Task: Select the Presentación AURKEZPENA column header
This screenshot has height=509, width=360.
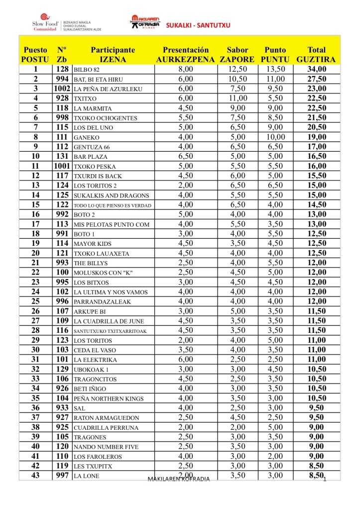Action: click(x=186, y=55)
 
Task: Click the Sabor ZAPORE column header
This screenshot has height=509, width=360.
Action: click(x=237, y=55)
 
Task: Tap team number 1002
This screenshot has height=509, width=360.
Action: click(x=62, y=89)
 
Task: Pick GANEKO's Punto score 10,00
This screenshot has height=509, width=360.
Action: click(x=275, y=137)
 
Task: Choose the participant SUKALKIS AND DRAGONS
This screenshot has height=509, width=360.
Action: click(x=105, y=196)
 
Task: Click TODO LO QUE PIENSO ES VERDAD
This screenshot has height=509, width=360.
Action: click(x=112, y=205)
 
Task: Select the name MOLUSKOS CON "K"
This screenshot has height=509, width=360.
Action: click(x=103, y=273)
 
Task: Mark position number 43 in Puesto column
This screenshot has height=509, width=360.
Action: click(x=35, y=476)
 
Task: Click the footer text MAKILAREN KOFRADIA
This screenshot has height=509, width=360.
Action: click(x=179, y=479)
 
